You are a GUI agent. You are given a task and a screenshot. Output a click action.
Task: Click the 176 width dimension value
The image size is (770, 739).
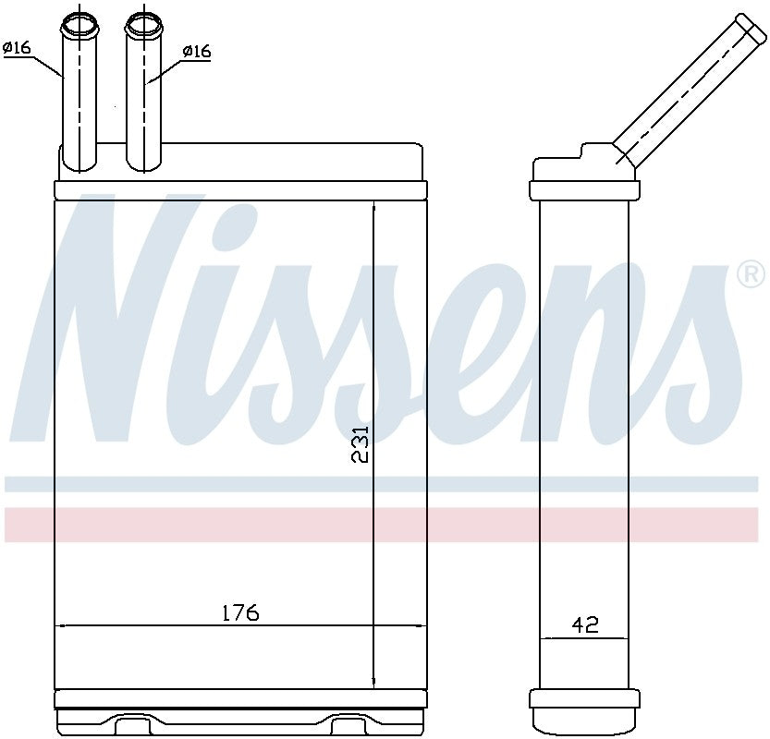pos(239,612)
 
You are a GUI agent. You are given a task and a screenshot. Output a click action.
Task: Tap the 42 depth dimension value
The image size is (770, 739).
pos(584,624)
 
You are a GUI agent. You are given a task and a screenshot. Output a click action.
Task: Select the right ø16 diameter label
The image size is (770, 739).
pos(196,52)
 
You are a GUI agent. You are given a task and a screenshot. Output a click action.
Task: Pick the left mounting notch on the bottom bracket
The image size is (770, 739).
pos(128,719)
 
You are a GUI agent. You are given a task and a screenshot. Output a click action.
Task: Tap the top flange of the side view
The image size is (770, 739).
pos(584,190)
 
